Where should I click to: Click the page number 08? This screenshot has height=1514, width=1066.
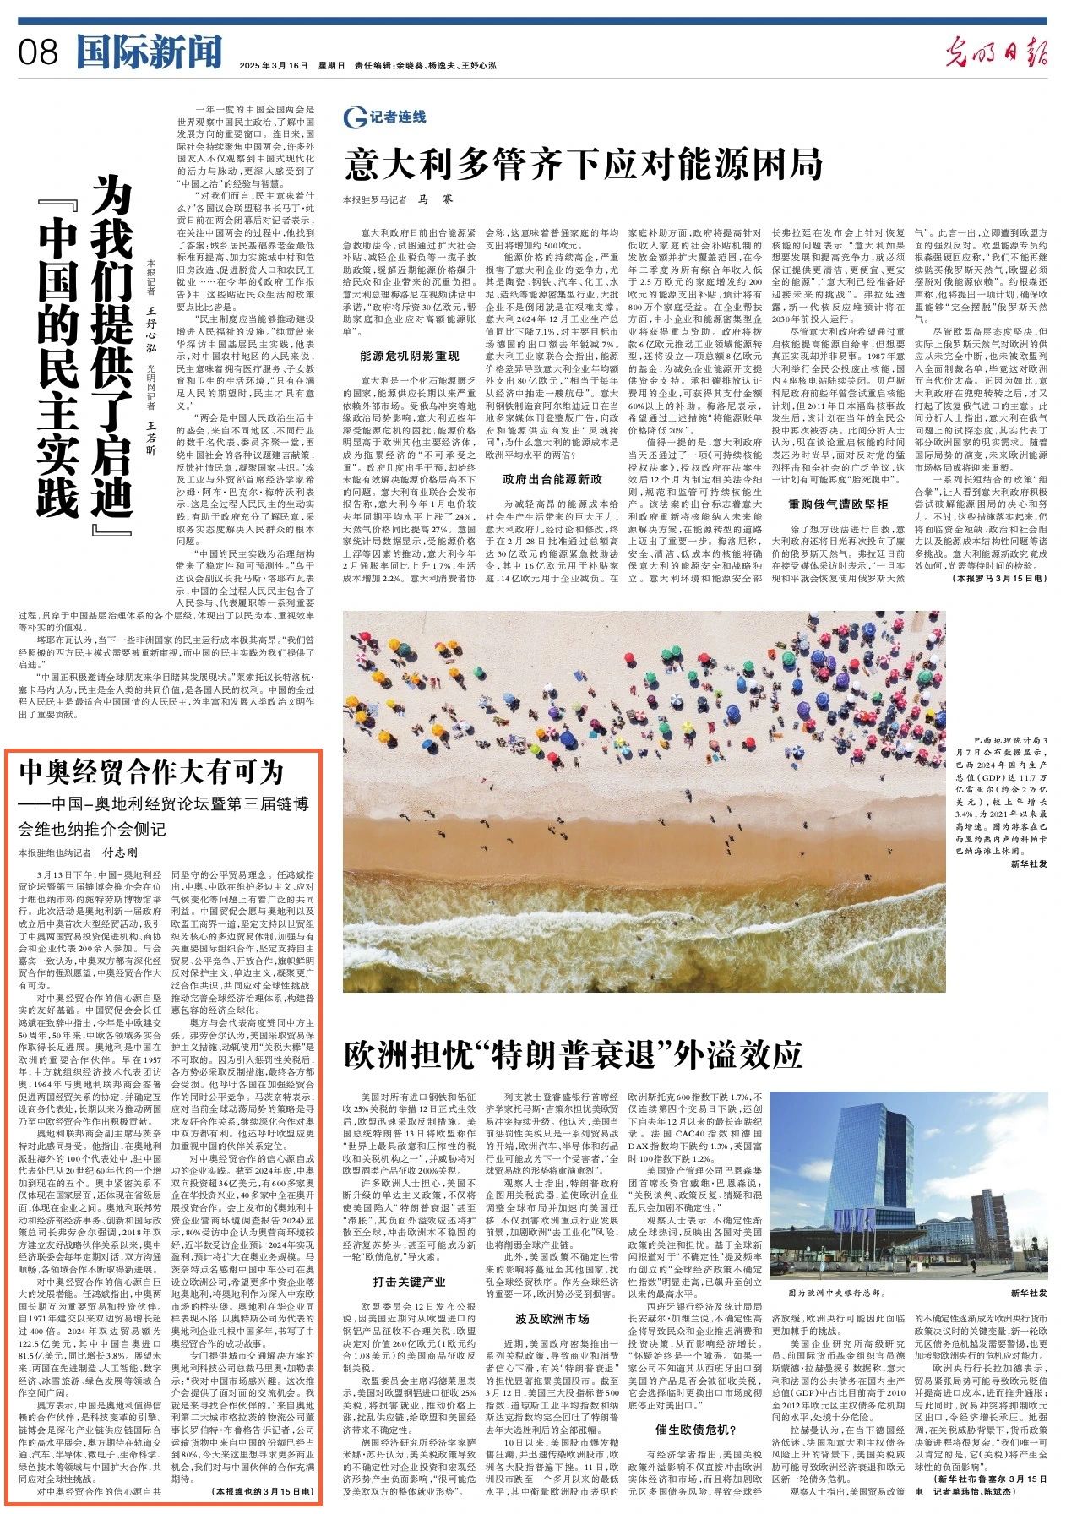[38, 52]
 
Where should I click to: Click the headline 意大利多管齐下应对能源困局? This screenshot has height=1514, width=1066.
[583, 164]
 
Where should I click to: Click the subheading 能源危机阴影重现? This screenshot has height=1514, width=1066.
[410, 356]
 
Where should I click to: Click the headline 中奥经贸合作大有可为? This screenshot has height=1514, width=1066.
[152, 771]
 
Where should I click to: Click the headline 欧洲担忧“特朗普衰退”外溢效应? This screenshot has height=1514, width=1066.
[573, 1055]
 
